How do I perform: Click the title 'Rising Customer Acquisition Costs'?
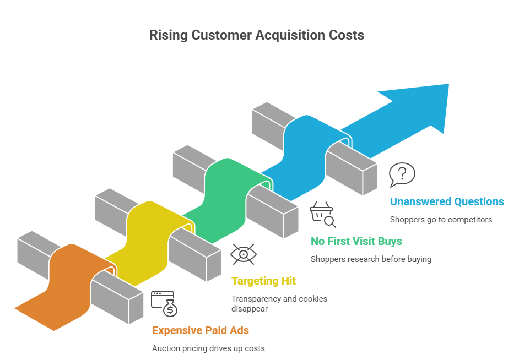click(x=257, y=35)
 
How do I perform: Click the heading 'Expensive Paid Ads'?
click(x=201, y=330)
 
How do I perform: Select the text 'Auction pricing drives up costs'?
click(x=208, y=348)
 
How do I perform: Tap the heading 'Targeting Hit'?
click(x=263, y=281)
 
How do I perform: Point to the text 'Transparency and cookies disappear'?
click(x=279, y=303)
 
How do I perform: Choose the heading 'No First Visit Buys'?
click(x=356, y=241)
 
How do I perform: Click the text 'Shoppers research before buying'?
click(x=371, y=259)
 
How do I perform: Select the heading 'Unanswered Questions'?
click(x=446, y=201)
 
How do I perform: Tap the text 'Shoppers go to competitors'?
click(x=441, y=219)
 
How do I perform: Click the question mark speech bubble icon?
click(x=402, y=174)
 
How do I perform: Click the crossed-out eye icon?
click(x=243, y=254)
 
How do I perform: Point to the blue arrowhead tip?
click(x=447, y=85)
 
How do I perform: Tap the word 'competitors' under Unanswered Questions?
click(x=471, y=219)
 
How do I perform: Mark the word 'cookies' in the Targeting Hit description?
click(x=313, y=299)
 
